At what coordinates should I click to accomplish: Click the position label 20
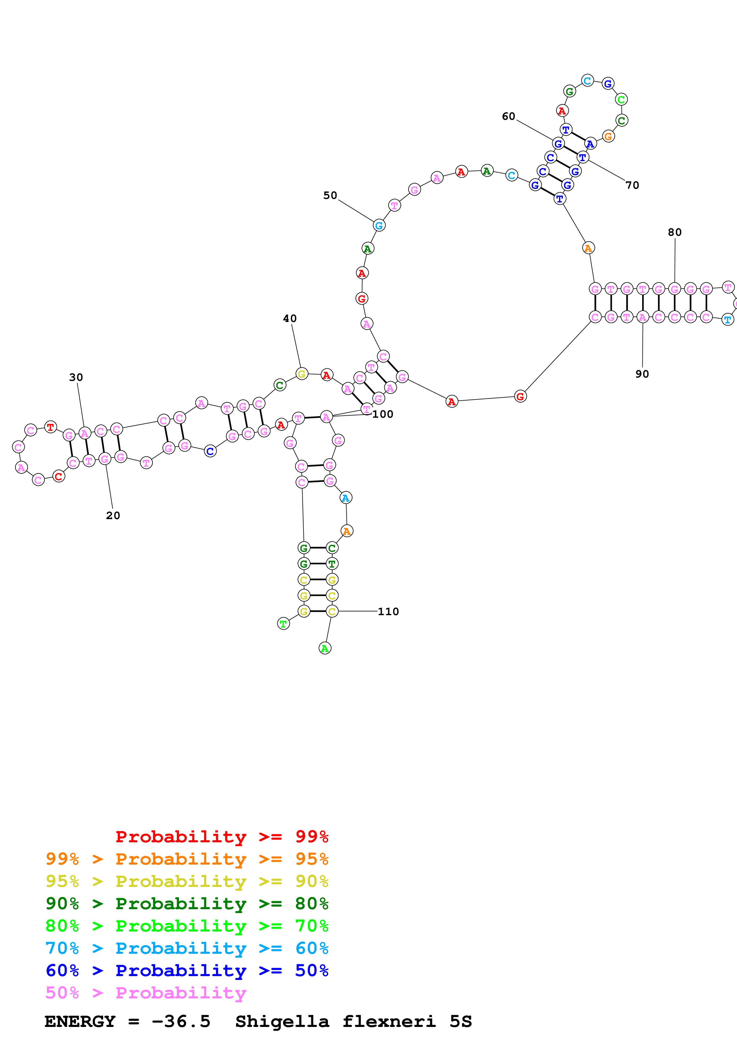(x=113, y=516)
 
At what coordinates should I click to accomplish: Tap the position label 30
(x=76, y=378)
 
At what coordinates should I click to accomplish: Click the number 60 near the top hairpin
(x=509, y=117)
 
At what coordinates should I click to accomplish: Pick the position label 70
(x=632, y=185)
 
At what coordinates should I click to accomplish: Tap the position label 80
(x=674, y=233)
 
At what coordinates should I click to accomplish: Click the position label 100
(x=383, y=414)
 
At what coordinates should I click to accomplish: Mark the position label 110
(x=388, y=612)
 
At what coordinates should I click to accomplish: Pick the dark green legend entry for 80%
(x=187, y=904)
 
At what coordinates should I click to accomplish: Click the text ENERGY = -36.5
(x=127, y=1022)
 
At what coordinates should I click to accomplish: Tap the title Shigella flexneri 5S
(x=353, y=1022)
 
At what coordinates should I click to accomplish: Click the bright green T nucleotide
(x=283, y=624)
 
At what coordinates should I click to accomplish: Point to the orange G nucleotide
(x=608, y=136)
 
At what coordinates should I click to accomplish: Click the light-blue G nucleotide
(x=379, y=225)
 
